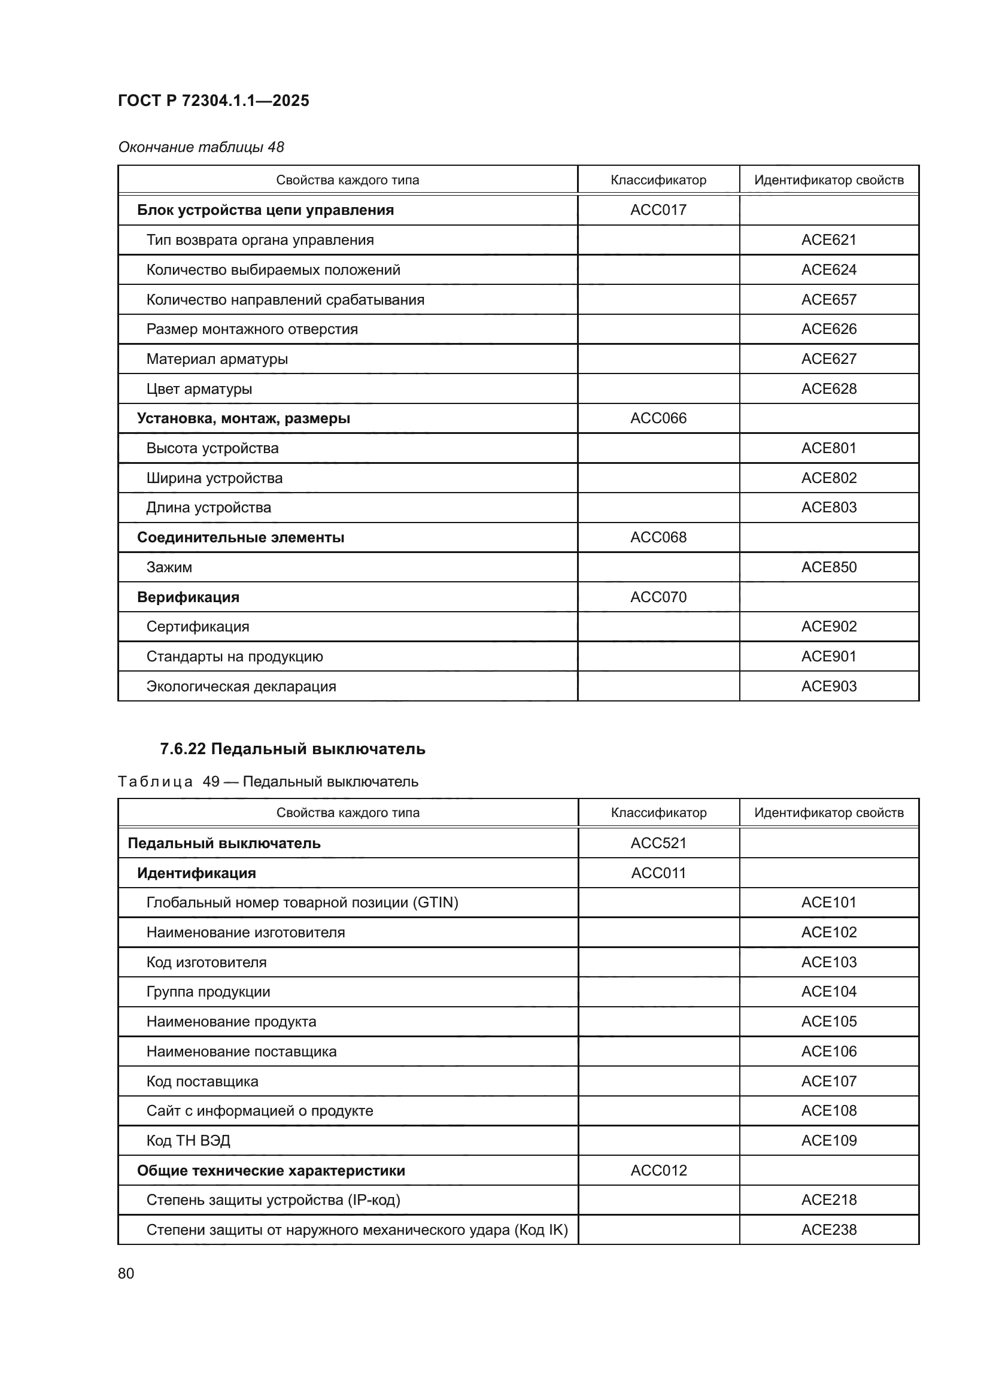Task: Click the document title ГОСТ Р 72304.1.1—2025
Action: pos(213,101)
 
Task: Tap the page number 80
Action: pos(126,1273)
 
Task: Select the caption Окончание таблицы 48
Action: pos(201,147)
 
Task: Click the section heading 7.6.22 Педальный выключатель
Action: pos(293,749)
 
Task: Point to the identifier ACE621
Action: pos(828,239)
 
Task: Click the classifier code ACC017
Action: pos(658,209)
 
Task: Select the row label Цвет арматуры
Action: pos(199,389)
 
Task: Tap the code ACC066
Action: pos(658,418)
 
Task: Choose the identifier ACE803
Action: pos(828,508)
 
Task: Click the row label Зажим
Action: pos(169,567)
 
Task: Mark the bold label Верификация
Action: pos(188,597)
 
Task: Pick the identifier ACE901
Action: pos(828,656)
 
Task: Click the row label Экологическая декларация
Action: pos(241,686)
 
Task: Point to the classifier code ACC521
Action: pos(658,843)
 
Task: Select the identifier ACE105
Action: pos(828,1021)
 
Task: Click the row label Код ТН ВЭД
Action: pos(188,1140)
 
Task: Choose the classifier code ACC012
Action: pos(658,1170)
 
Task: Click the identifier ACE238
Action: pos(828,1229)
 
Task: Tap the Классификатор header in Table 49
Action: pos(658,812)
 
